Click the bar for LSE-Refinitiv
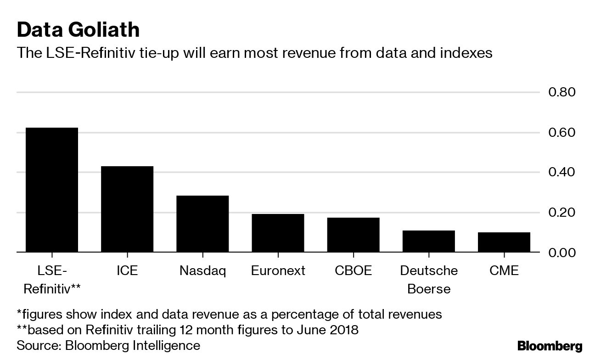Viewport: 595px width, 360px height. pos(51,190)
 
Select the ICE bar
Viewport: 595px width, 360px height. pos(127,209)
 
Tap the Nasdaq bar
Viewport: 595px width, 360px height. pos(202,224)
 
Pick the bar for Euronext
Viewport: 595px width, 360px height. pos(278,233)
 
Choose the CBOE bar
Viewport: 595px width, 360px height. pos(353,235)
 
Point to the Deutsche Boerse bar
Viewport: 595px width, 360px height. pos(429,241)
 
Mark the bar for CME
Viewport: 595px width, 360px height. pos(504,242)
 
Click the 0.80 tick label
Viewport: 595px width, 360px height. pos(561,92)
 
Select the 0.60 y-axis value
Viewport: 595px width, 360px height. pos(561,133)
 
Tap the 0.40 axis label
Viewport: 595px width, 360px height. pos(561,172)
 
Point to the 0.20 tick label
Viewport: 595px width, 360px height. pos(561,213)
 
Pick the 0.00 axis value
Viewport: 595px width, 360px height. pos(561,253)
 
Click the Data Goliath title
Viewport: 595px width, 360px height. pos(78,30)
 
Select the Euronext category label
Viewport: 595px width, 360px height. pos(278,270)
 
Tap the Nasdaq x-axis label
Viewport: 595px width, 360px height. pos(202,270)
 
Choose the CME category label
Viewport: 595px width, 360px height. pos(504,270)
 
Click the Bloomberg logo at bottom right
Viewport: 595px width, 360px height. pos(550,346)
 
